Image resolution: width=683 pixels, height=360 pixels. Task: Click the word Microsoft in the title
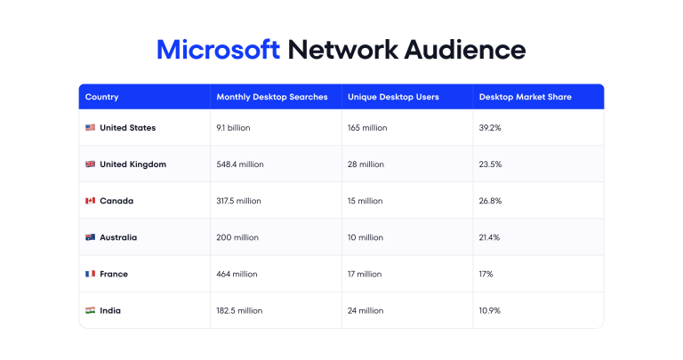[x=218, y=49]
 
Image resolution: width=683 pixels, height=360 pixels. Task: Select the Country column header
[x=101, y=97]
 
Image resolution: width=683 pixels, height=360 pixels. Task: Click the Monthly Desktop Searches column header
[x=272, y=97]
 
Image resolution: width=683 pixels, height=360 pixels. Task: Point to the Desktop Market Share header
[x=525, y=97]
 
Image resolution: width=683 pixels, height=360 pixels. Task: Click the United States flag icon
[x=90, y=128]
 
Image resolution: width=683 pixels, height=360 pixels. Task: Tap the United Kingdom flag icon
[x=90, y=164]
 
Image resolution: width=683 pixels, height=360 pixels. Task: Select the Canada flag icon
[x=90, y=201]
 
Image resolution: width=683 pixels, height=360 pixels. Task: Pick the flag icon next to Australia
[x=90, y=237]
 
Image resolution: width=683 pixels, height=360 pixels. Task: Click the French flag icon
[x=90, y=274]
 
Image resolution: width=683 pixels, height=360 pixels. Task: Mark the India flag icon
[x=90, y=310]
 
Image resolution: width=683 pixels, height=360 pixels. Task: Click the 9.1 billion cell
[x=233, y=128]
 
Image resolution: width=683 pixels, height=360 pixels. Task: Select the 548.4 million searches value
[x=239, y=164]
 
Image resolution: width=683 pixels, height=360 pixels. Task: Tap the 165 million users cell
[x=367, y=128]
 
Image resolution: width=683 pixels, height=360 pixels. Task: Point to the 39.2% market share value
[x=490, y=128]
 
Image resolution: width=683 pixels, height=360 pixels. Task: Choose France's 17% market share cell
[x=486, y=274]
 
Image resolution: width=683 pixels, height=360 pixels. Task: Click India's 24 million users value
[x=366, y=310]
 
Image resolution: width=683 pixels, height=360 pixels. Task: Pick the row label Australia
[x=118, y=237]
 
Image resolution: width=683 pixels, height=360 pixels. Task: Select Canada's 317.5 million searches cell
[x=238, y=201]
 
